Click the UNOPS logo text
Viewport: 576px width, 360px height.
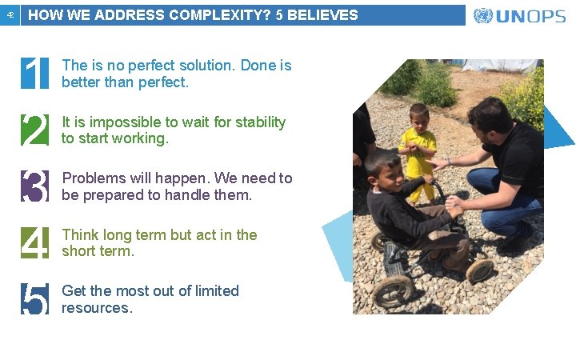point(531,16)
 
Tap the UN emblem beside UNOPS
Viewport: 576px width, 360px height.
point(483,16)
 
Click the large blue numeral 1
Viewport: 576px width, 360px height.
point(34,74)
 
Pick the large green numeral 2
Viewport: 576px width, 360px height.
point(34,130)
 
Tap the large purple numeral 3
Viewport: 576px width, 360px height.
point(34,186)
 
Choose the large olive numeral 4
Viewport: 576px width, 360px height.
point(34,242)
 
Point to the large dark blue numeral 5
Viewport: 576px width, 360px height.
point(34,298)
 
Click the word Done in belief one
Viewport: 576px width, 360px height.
point(258,66)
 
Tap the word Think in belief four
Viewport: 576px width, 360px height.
point(80,234)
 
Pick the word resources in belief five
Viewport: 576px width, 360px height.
point(96,308)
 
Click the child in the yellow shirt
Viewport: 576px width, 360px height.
point(418,152)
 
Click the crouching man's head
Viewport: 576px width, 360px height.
point(489,118)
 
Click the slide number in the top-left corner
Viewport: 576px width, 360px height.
point(10,15)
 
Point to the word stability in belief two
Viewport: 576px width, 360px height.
point(257,122)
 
